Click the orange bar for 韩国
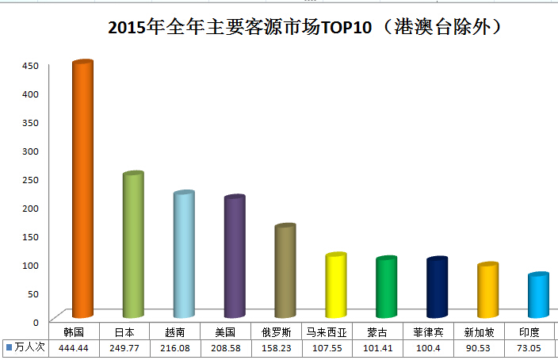pos(82,190)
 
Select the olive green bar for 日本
pos(132,246)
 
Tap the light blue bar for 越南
pos(183,255)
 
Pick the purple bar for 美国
pos(234,258)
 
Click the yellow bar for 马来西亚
pos(335,285)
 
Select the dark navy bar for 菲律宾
pos(437,287)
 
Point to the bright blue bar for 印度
pos(538,295)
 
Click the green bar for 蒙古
pos(386,287)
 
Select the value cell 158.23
pos(276,347)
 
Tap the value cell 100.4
pos(428,347)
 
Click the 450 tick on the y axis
pos(29,66)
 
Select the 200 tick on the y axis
pos(29,208)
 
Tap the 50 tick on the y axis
pos(31,293)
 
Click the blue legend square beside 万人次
pos(9,347)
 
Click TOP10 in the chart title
pos(346,29)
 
